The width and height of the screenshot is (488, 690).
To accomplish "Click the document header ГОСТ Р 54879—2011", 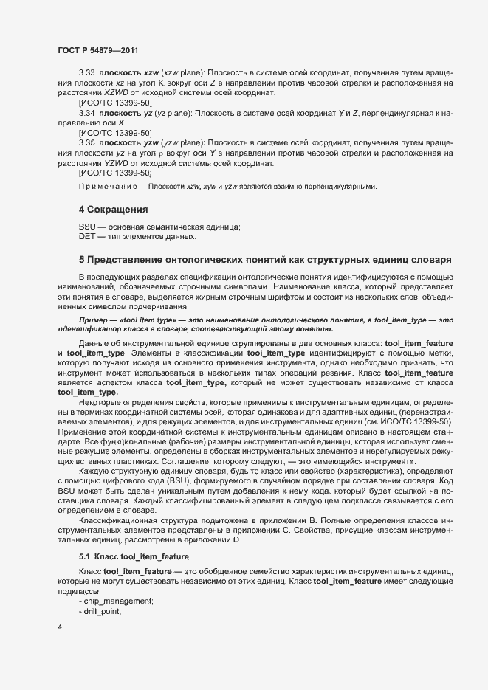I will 97,49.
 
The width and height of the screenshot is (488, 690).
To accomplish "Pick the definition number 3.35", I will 86,141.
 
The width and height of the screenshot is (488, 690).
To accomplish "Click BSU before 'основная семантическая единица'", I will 87,226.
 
